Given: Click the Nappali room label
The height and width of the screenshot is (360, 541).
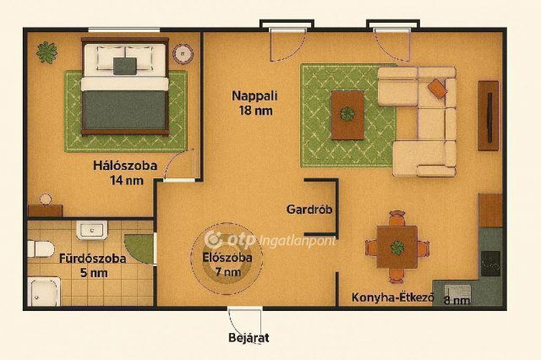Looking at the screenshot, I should (x=254, y=95).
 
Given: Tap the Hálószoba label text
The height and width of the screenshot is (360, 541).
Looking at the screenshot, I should (x=125, y=166).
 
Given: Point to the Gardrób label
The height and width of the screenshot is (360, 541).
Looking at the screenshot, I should (x=308, y=210).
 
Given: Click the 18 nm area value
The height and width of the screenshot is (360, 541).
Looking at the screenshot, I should (x=254, y=110).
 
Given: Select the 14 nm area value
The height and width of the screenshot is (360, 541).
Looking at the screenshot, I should (x=126, y=180).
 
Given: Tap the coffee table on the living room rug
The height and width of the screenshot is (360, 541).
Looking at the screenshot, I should (x=347, y=114).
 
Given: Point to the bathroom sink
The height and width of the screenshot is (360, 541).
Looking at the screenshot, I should (x=90, y=229).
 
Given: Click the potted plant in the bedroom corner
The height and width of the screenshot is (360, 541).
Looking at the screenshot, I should (x=46, y=52).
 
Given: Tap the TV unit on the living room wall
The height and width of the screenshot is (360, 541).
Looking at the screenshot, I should (x=489, y=115).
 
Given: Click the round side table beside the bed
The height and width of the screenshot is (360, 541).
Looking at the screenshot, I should (x=183, y=54).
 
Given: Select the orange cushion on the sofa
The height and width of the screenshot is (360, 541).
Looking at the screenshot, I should (x=437, y=87).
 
